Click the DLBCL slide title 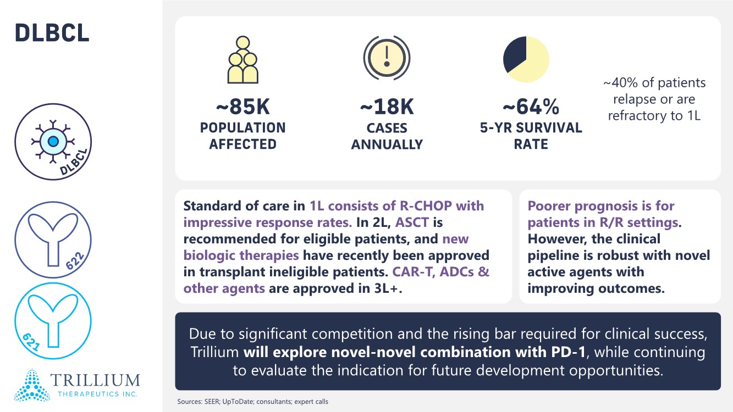(x=52, y=34)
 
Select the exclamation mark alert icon (x=387, y=59)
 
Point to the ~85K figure (x=243, y=107)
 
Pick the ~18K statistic (x=387, y=107)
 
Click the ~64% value (x=531, y=107)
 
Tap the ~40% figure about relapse (x=619, y=83)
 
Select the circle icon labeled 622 (x=53, y=240)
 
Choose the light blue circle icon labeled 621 (x=53, y=317)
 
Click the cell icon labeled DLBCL (x=53, y=142)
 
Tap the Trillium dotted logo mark (x=32, y=385)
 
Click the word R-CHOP (x=419, y=206)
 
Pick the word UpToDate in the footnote (x=240, y=402)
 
